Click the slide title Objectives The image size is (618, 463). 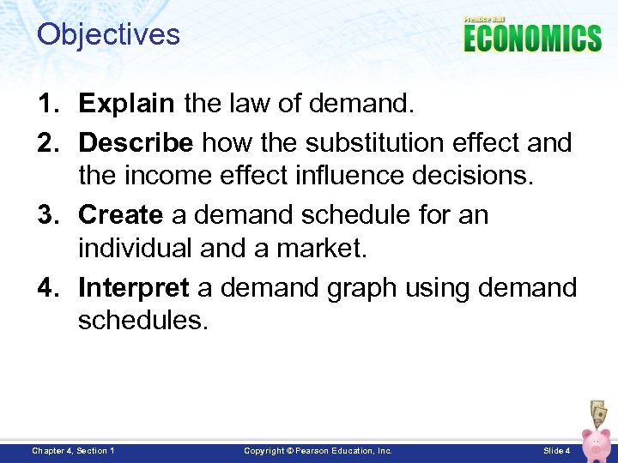(108, 35)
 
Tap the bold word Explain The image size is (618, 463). (126, 104)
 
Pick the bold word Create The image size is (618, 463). (120, 213)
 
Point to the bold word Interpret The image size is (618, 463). (133, 287)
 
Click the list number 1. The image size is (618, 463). (48, 104)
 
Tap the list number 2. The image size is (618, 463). (48, 142)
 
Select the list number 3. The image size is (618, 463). (48, 213)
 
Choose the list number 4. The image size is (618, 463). (48, 287)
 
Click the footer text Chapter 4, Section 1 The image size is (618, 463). (73, 450)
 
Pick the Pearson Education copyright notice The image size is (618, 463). (318, 450)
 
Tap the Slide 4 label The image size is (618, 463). (557, 450)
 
